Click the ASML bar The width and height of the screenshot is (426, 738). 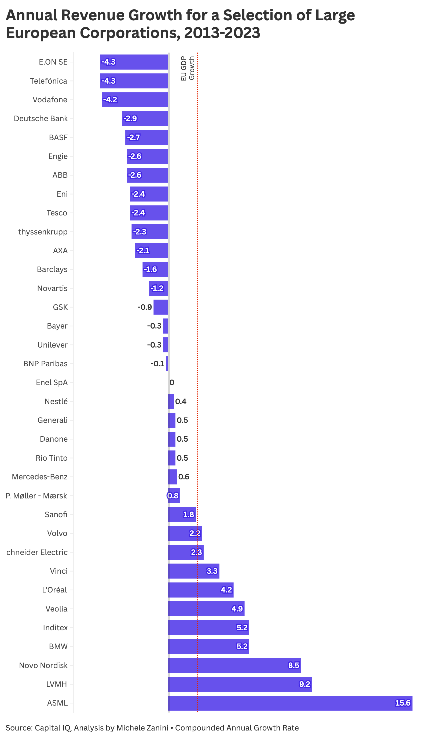pyautogui.click(x=290, y=703)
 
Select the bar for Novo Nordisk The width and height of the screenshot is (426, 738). pyautogui.click(x=234, y=665)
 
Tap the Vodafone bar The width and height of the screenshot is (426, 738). pyautogui.click(x=135, y=100)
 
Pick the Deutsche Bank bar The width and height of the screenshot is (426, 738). pyautogui.click(x=145, y=119)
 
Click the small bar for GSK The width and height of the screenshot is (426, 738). pyautogui.click(x=161, y=307)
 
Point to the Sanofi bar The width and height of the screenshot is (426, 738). pyautogui.click(x=182, y=515)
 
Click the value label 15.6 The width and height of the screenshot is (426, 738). pyautogui.click(x=403, y=703)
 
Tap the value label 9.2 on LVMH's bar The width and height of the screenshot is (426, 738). pyautogui.click(x=304, y=684)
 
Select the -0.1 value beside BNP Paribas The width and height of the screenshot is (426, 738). pyautogui.click(x=157, y=364)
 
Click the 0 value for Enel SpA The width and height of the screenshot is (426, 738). pyautogui.click(x=172, y=383)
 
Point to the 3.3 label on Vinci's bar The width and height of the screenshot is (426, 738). pyautogui.click(x=212, y=571)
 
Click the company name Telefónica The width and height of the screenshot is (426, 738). pyautogui.click(x=49, y=81)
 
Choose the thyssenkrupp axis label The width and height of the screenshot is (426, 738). pyautogui.click(x=43, y=232)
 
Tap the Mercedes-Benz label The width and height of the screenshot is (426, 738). pyautogui.click(x=39, y=477)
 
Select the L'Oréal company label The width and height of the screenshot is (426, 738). pyautogui.click(x=55, y=590)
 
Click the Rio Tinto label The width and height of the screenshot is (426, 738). pyautogui.click(x=52, y=458)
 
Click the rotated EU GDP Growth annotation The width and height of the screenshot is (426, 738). pyautogui.click(x=188, y=68)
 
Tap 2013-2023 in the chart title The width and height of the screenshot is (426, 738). pyautogui.click(x=222, y=33)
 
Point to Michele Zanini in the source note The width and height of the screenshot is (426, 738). pyautogui.click(x=142, y=728)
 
